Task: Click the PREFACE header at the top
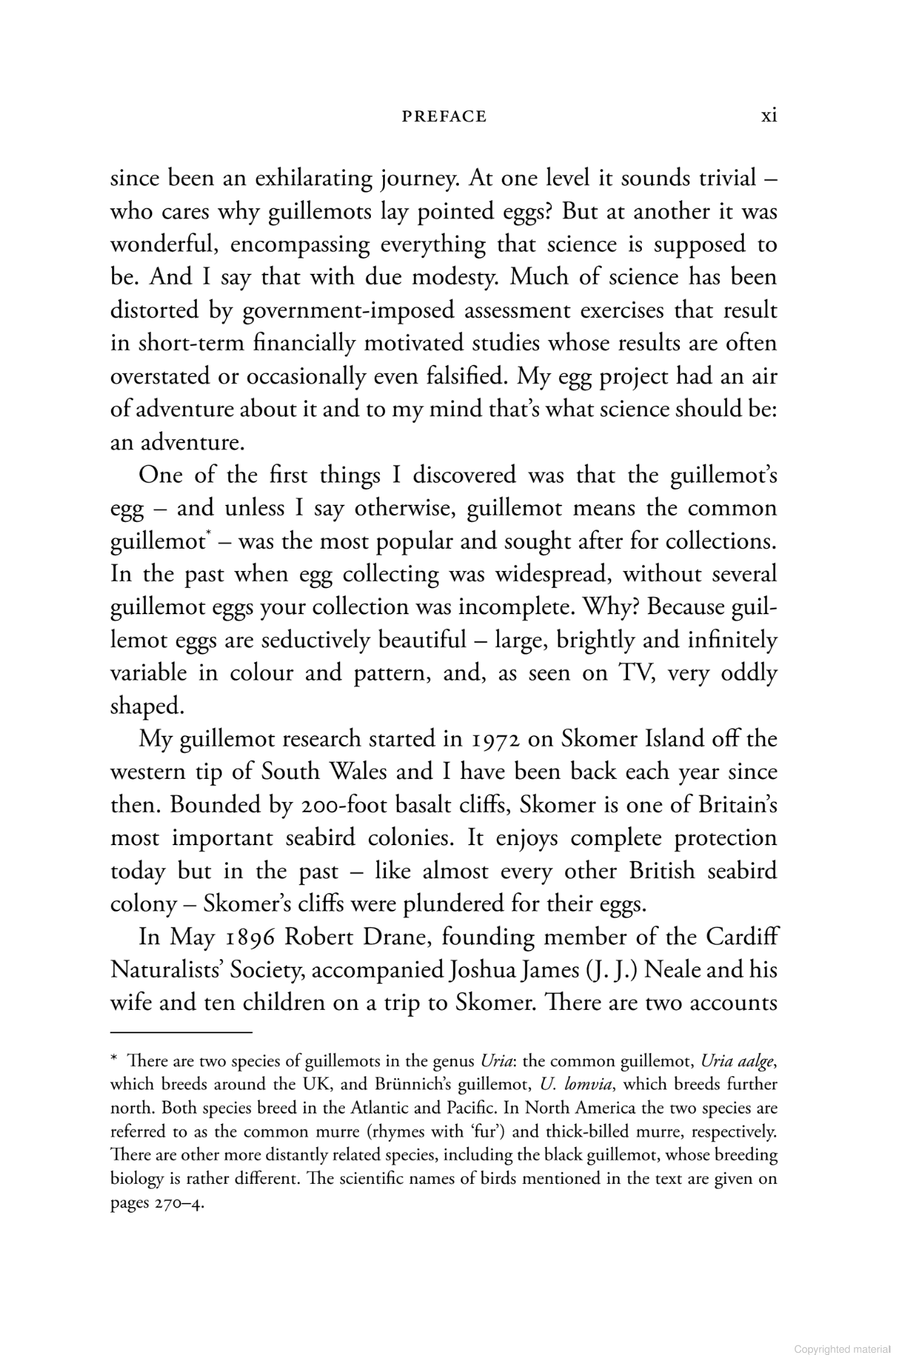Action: [x=444, y=116]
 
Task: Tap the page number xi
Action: [x=769, y=115]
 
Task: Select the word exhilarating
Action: [x=313, y=179]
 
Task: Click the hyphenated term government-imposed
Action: [x=338, y=311]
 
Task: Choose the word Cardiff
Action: [x=742, y=937]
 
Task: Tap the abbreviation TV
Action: [x=636, y=673]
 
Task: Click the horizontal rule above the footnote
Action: [x=181, y=1032]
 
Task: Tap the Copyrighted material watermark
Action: [x=841, y=1350]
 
